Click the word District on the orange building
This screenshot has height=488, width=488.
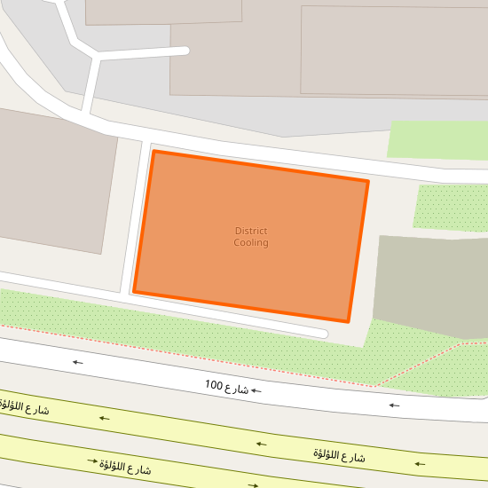251,232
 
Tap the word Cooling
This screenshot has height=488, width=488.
251,243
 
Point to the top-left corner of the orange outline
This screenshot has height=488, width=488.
154,152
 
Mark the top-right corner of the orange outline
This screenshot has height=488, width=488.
367,182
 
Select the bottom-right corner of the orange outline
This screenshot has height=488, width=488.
348,321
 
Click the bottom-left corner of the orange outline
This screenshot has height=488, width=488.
134,291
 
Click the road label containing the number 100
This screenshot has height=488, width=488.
226,386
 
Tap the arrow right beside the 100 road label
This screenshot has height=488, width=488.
256,390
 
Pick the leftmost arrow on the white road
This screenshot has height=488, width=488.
78,362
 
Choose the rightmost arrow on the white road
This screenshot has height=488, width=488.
393,405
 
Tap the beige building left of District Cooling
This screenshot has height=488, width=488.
53,177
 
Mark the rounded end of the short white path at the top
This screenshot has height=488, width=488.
185,51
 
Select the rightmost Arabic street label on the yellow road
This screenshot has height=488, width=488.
339,455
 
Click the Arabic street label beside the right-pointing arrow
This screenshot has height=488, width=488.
125,467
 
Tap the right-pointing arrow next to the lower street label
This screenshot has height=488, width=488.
91,461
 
